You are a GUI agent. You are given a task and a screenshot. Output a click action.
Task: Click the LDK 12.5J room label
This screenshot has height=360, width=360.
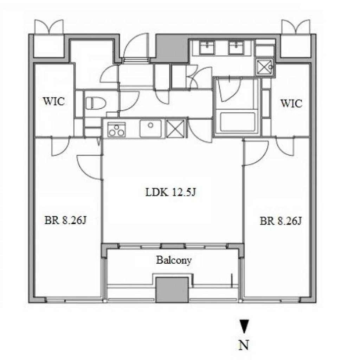(171, 192)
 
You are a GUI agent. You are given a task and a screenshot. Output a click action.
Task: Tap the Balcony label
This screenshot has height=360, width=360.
(174, 261)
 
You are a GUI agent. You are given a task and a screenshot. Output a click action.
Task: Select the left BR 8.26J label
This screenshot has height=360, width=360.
(65, 220)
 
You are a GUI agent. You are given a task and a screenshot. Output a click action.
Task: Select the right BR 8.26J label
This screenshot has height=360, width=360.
(281, 221)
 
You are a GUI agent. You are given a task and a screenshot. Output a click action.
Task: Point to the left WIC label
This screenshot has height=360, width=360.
(54, 101)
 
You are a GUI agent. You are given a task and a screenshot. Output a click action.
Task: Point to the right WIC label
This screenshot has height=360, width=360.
(291, 103)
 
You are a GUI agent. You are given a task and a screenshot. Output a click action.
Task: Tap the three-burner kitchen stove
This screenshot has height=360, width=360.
(117, 130)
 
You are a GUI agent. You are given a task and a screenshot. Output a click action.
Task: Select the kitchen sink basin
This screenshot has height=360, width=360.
(150, 129)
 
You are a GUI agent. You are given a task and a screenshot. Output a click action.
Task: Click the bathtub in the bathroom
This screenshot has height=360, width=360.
(238, 122)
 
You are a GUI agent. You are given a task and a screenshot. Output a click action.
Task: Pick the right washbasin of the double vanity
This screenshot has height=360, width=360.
(236, 47)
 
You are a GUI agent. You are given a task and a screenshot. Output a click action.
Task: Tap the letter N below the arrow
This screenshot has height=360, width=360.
(244, 345)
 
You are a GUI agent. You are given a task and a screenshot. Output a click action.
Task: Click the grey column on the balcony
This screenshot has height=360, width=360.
(172, 290)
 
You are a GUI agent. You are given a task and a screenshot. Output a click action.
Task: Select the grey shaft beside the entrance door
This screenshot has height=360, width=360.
(172, 48)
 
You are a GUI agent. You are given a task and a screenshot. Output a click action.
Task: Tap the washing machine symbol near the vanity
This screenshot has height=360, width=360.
(265, 67)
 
